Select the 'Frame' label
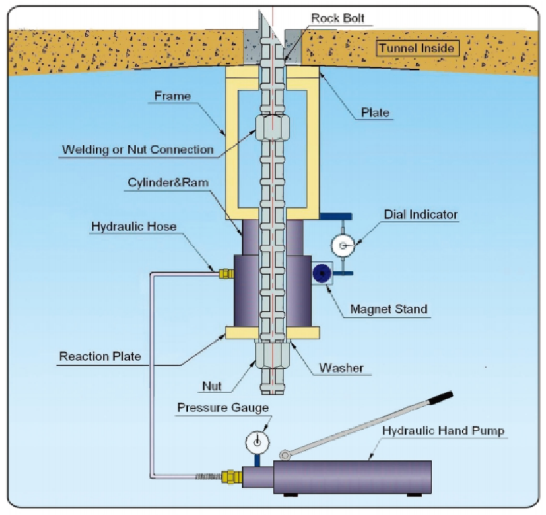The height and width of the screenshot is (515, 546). pos(172,96)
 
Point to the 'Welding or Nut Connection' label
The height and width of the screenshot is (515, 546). pos(137,149)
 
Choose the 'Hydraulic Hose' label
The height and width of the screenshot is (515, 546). pos(133,227)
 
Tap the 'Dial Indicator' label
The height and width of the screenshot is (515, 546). pos(421,215)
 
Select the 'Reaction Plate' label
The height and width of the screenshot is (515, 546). pos(100,356)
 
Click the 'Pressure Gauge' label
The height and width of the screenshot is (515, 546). pos(223,407)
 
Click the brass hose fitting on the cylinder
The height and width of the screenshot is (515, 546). pos(225,274)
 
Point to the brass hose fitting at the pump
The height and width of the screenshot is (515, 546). pos(233,476)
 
